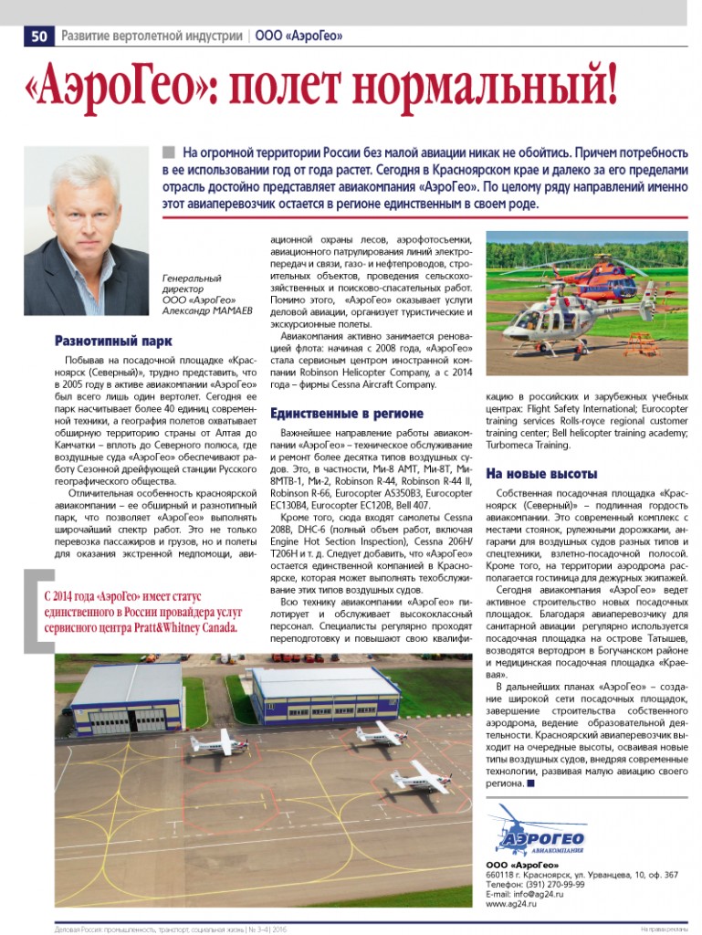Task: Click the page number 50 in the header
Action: point(39,37)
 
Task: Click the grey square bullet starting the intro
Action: point(168,152)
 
